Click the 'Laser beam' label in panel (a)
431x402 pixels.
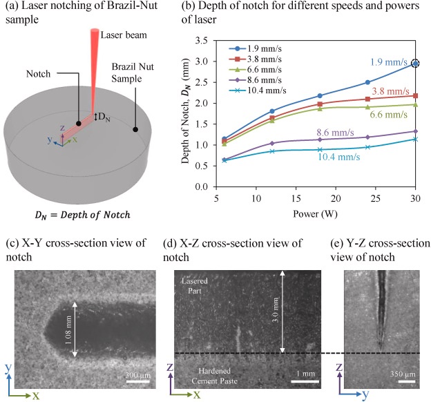pyautogui.click(x=122, y=35)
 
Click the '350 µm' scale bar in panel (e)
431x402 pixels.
pyautogui.click(x=401, y=375)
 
